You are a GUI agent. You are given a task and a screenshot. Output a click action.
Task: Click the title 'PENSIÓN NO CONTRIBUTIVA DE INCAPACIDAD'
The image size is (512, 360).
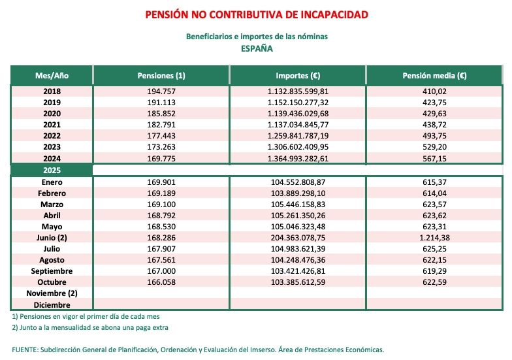click(256, 14)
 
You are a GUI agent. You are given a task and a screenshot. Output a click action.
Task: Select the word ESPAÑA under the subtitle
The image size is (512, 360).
click(256, 48)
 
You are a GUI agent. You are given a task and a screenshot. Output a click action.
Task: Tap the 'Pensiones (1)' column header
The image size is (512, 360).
click(161, 76)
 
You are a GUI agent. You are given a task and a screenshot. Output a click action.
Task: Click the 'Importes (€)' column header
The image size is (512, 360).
click(297, 76)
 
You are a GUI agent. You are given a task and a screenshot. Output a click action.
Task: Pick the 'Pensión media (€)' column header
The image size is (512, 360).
click(435, 76)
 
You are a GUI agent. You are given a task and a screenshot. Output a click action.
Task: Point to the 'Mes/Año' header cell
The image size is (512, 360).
click(52, 76)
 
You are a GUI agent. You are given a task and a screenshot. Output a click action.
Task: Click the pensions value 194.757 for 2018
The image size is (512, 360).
click(161, 91)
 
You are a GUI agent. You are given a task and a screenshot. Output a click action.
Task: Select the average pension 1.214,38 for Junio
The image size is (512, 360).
click(435, 238)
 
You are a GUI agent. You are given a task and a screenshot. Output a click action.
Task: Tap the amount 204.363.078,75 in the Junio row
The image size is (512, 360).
click(297, 238)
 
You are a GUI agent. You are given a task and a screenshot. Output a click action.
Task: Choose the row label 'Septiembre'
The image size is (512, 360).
click(52, 271)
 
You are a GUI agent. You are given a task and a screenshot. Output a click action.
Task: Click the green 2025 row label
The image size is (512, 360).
click(52, 170)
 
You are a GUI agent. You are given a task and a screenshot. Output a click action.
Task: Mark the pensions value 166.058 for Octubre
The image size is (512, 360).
click(161, 282)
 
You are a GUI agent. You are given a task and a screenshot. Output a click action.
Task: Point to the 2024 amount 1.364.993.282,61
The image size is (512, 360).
click(297, 158)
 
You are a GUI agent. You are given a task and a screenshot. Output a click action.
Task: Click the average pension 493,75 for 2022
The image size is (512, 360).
click(435, 136)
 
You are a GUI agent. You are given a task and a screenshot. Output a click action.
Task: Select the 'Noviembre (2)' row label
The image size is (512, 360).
click(52, 293)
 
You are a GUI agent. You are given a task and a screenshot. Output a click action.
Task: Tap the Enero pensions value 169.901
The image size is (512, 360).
click(161, 182)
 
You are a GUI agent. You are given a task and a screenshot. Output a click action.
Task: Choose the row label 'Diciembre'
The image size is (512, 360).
click(52, 304)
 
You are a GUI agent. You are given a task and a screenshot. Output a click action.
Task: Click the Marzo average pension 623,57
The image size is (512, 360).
click(435, 205)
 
